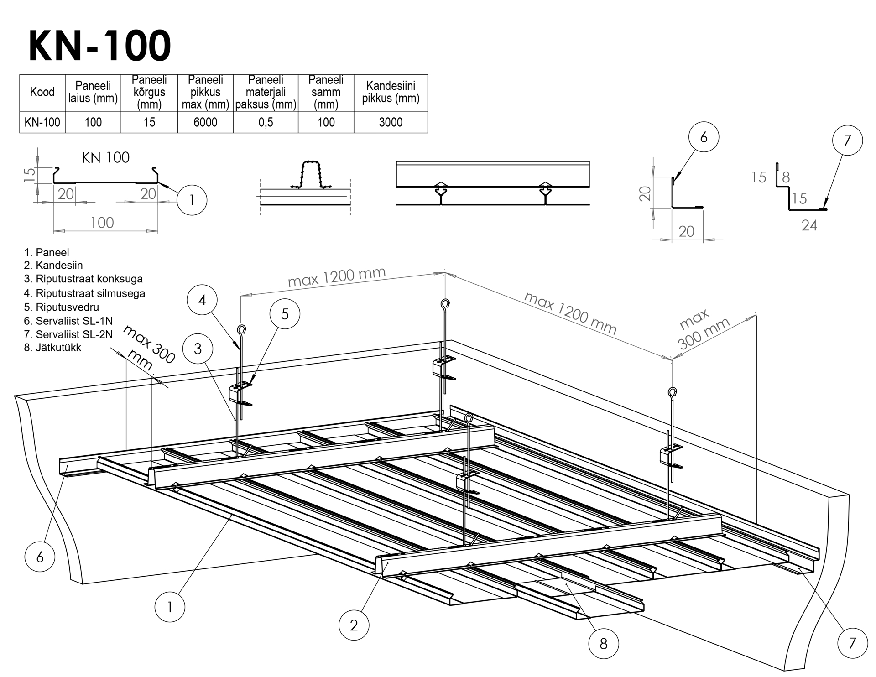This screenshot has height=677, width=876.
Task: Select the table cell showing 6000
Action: pos(205,122)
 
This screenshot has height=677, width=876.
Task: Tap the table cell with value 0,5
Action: pos(266,122)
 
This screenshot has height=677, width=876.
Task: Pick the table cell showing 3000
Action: pos(391,122)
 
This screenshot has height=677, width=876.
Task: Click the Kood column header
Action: pos(42,92)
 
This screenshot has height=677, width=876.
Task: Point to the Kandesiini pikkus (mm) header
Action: pos(391,92)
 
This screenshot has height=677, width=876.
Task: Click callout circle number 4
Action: pos(202,300)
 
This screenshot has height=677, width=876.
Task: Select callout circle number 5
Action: pos(285,314)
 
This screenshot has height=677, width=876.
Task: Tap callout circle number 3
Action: pos(198,349)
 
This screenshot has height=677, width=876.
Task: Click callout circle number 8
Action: pos(603,644)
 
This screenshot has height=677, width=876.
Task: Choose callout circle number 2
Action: pos(354,625)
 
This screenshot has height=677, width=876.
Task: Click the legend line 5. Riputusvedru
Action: pos(62,307)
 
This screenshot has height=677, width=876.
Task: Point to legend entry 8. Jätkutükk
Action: pos(52,348)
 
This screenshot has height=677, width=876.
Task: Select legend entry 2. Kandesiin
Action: pos(53,266)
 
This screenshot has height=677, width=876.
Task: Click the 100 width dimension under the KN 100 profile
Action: pos(102,223)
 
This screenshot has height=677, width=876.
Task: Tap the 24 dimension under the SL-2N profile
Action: pos(809,225)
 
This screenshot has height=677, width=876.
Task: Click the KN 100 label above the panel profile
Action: pos(105,158)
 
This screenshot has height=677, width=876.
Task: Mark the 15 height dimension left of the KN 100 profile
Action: pos(29,175)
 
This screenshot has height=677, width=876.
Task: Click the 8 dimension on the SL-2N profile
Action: pos(786,177)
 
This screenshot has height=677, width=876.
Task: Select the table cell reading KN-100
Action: pos(42,122)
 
